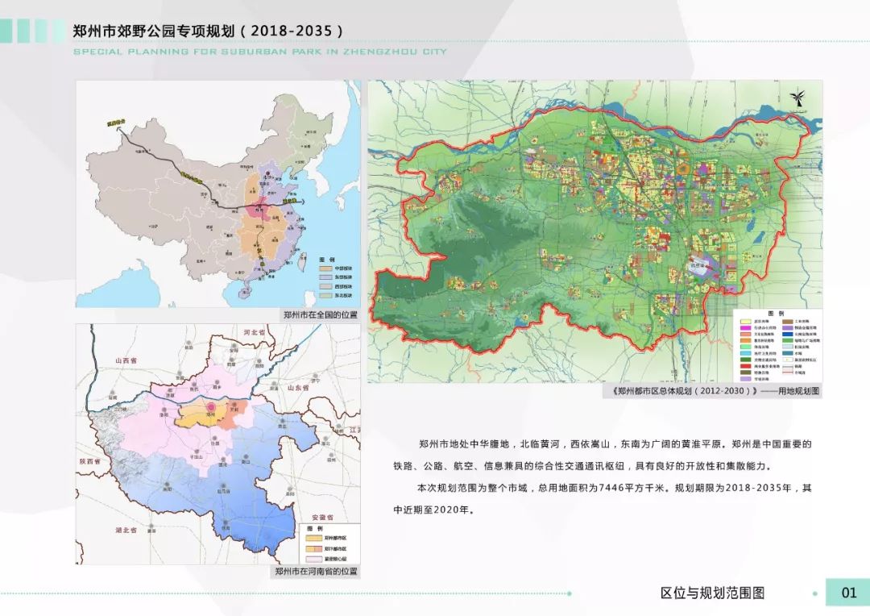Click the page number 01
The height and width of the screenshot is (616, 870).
point(849,593)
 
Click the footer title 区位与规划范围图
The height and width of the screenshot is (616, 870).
point(712,593)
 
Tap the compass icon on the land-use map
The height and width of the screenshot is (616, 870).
point(797,98)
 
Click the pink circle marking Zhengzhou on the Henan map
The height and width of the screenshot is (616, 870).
point(212,409)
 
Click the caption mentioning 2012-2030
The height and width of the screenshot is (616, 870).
point(715,390)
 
